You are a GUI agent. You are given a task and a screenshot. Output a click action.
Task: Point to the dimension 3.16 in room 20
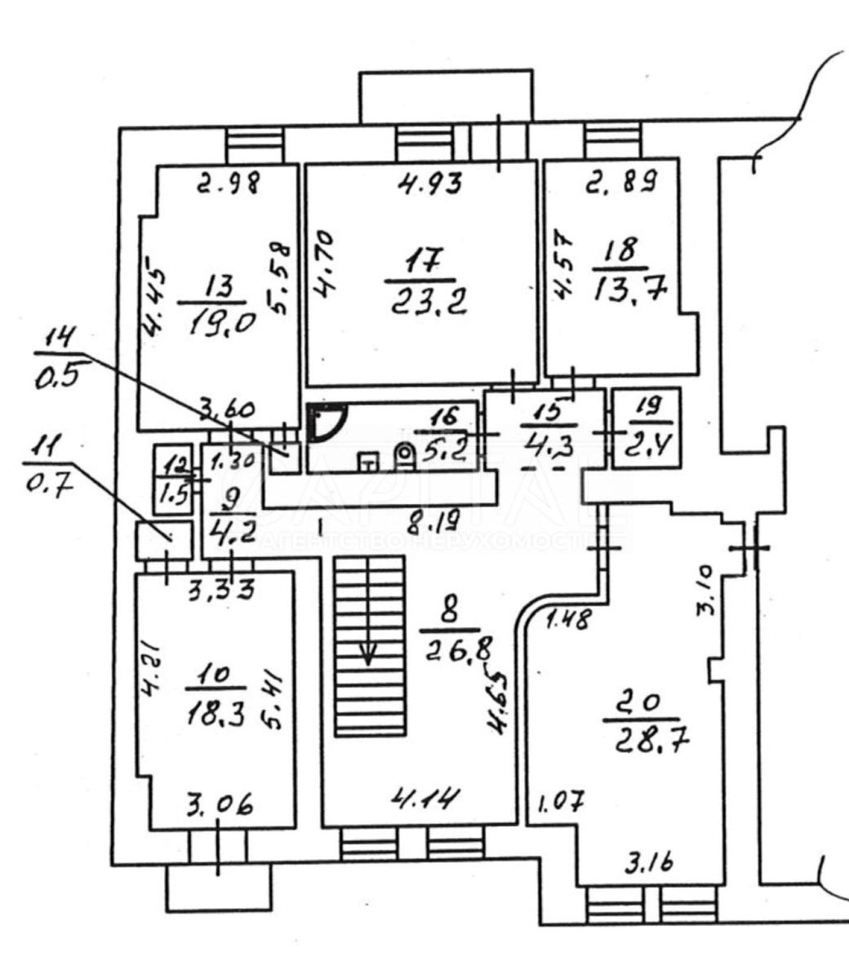click(648, 862)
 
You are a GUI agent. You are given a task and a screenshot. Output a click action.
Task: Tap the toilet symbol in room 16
click(404, 455)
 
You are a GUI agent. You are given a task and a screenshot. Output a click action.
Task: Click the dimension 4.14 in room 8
click(422, 797)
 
